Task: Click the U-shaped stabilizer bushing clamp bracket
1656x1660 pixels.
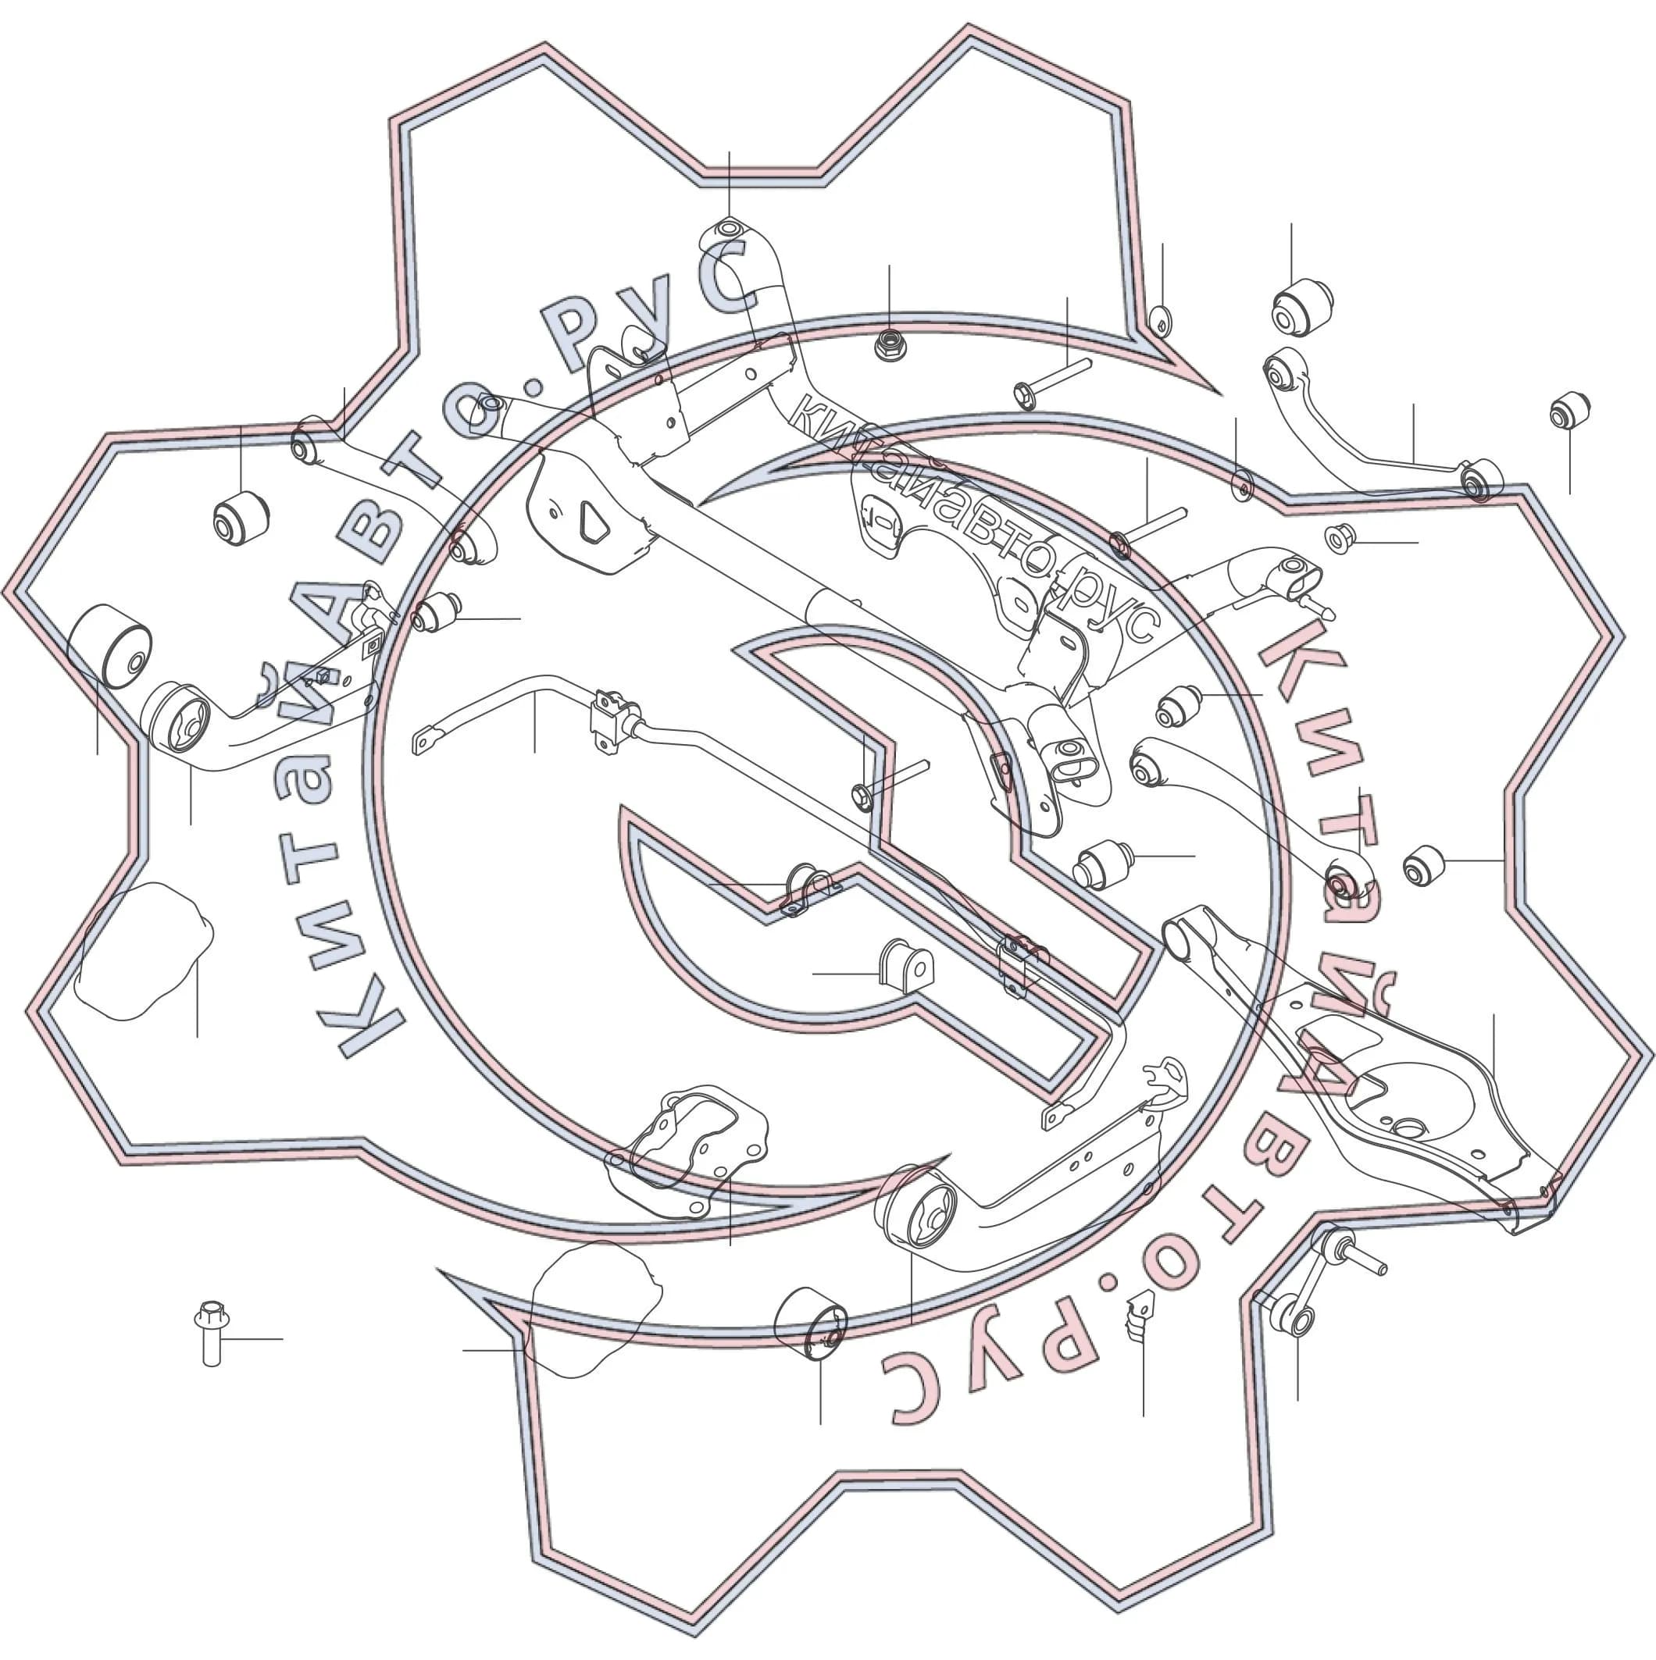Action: [808, 889]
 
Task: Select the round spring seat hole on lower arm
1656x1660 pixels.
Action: [1407, 1128]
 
